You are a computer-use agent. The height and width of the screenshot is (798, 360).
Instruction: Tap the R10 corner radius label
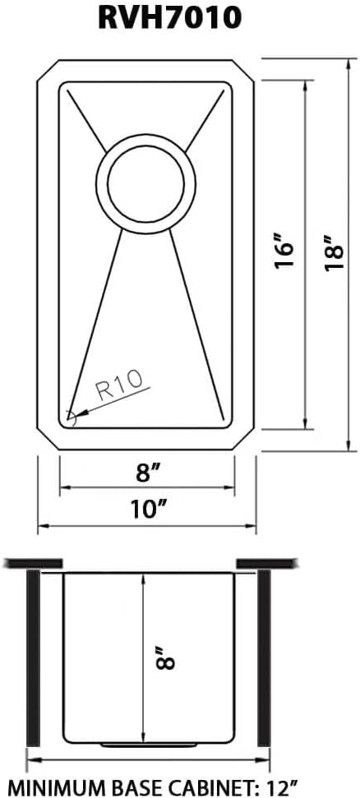click(x=119, y=385)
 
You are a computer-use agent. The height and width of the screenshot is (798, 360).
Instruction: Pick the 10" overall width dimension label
click(x=148, y=509)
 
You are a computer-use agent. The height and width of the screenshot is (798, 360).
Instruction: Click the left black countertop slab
click(x=34, y=563)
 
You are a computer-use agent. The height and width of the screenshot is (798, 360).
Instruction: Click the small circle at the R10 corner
click(x=70, y=418)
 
